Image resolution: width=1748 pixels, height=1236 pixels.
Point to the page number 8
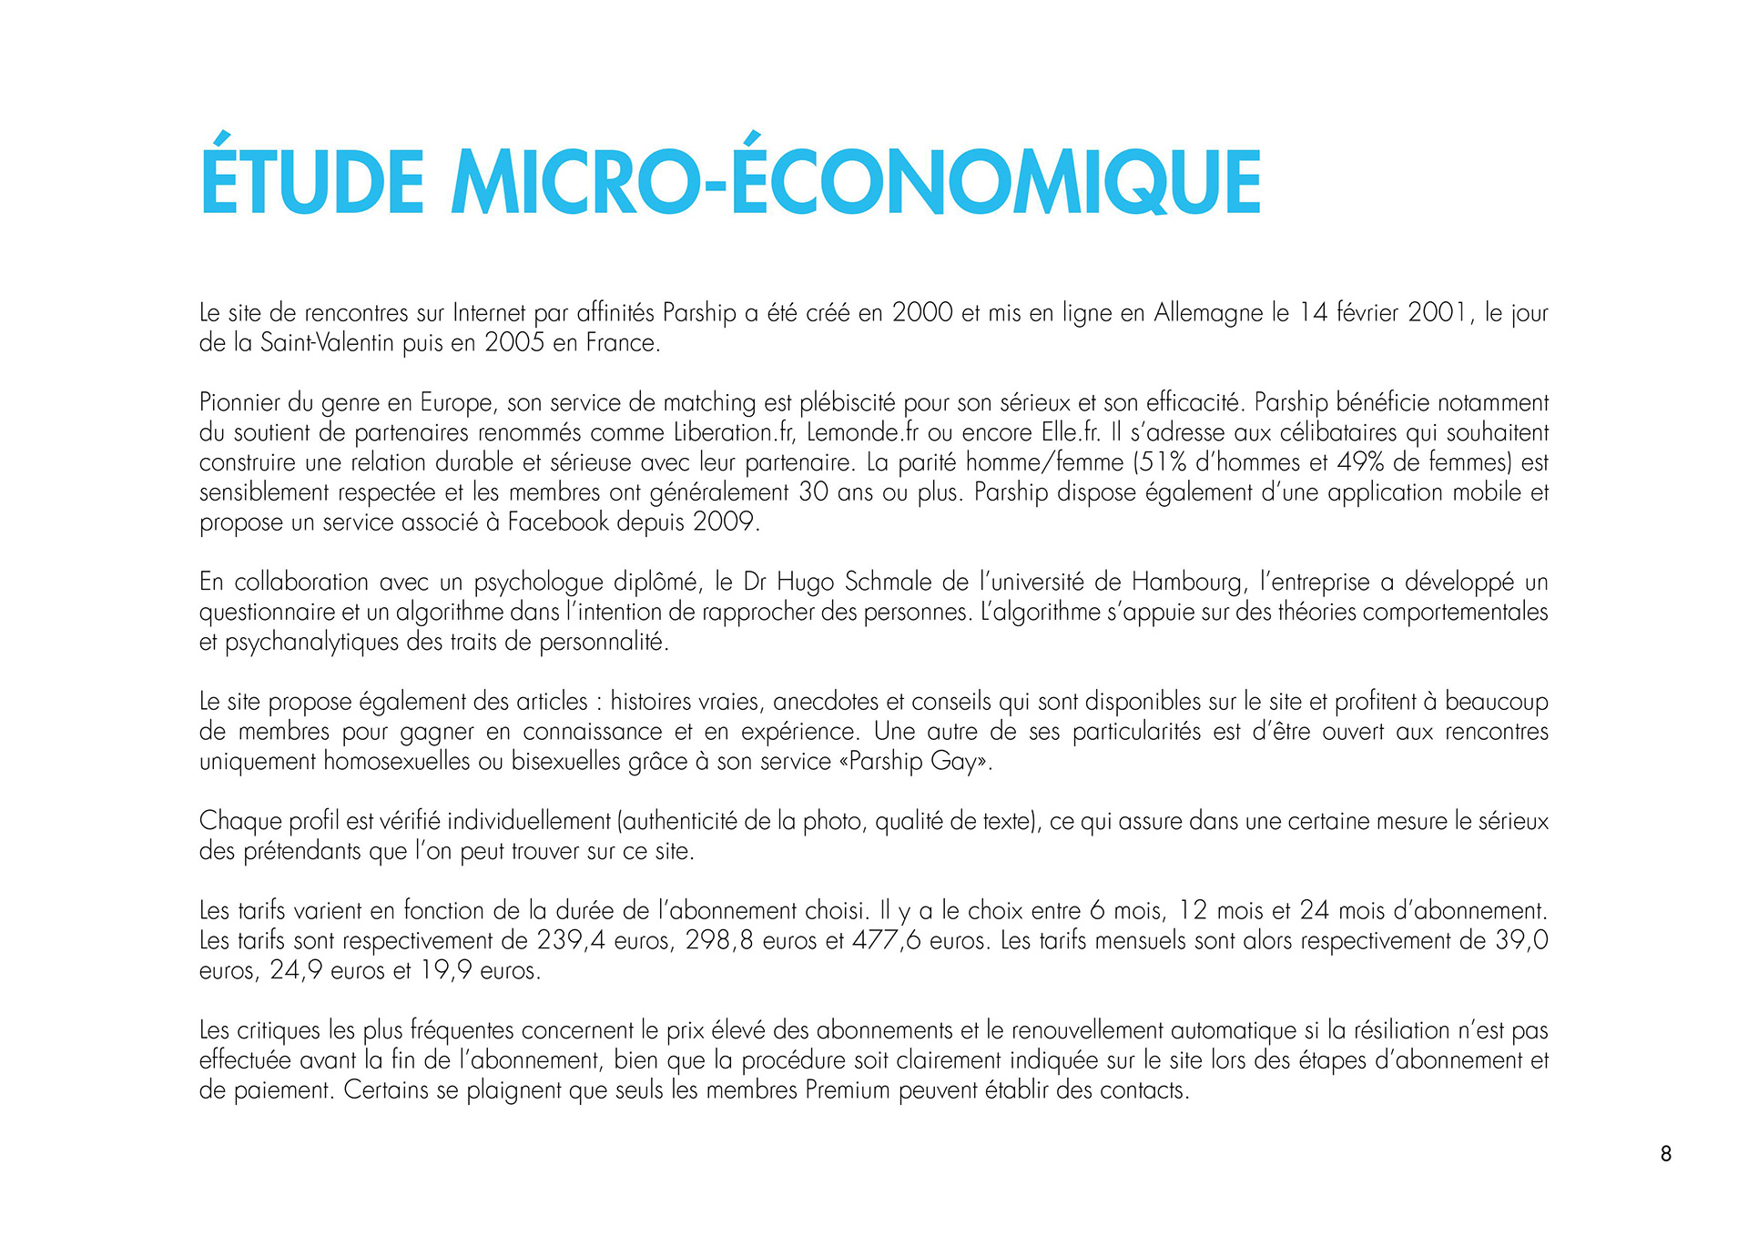click(x=1666, y=1154)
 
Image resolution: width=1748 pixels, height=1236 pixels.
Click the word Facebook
click(x=558, y=522)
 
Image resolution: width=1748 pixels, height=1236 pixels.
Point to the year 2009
click(x=725, y=522)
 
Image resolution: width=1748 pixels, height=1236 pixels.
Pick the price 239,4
click(x=571, y=940)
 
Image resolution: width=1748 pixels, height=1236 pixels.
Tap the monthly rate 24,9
click(x=296, y=970)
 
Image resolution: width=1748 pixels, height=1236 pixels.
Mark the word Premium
click(x=847, y=1090)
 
